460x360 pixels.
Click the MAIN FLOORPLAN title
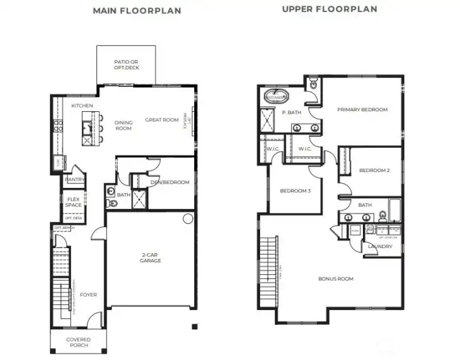(x=137, y=11)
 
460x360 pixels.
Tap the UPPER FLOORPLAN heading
(x=329, y=10)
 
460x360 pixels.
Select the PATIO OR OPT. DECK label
(x=126, y=65)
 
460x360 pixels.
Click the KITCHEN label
(x=82, y=106)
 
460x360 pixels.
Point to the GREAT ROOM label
(x=162, y=120)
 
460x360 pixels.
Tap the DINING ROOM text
(x=123, y=125)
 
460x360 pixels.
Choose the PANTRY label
(x=75, y=180)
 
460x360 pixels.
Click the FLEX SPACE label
(x=73, y=202)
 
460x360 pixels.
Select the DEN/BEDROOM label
(x=169, y=182)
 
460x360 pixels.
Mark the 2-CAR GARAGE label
(x=151, y=258)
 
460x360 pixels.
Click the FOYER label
(x=88, y=295)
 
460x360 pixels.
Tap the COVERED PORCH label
(x=77, y=342)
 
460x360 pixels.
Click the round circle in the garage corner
(x=188, y=219)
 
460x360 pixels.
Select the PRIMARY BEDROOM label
(x=362, y=109)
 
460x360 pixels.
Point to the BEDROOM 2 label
(x=374, y=170)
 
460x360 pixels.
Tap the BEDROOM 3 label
(x=295, y=190)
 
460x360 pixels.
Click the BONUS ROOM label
(x=335, y=279)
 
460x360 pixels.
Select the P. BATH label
(x=291, y=113)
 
